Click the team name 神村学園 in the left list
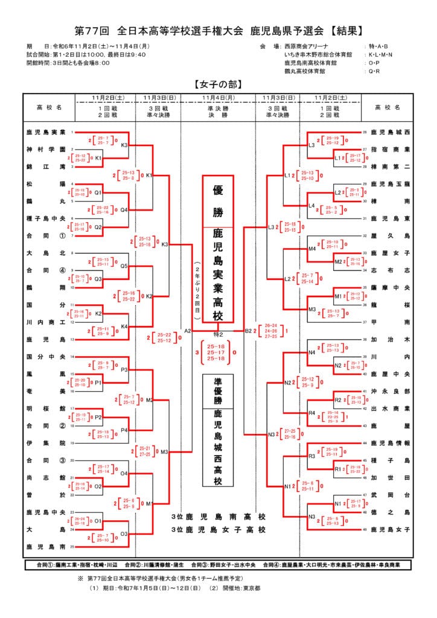[x=45, y=148]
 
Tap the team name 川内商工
[x=45, y=322]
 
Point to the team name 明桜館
[x=45, y=409]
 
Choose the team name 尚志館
[x=45, y=477]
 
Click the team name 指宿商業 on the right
[x=391, y=148]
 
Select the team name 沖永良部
[x=391, y=391]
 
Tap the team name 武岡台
[x=391, y=495]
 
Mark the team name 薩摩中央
[x=391, y=287]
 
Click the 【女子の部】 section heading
[x=218, y=84]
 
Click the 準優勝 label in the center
[x=218, y=391]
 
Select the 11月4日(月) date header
[x=218, y=97]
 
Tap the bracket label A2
[x=187, y=331]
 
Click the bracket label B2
[x=249, y=331]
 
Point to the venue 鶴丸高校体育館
[x=305, y=71]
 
